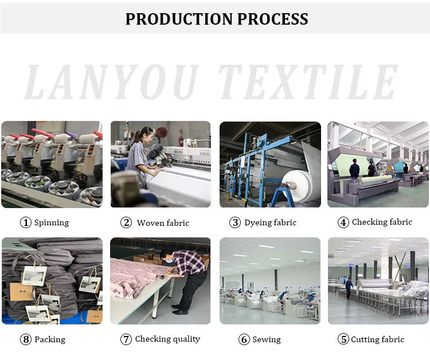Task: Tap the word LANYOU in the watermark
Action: pos(112,83)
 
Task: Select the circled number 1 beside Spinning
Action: pos(25,223)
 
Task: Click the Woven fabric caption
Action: pos(163,223)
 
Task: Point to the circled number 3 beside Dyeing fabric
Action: pos(235,223)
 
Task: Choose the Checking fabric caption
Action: pos(382,222)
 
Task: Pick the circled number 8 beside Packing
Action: pos(25,339)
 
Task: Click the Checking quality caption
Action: pos(167,339)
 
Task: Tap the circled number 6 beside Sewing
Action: pos(244,340)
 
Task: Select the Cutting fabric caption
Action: pos(377,339)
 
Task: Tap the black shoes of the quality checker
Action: pos(179,311)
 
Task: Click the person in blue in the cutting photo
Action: pos(349,288)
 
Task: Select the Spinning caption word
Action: pos(51,223)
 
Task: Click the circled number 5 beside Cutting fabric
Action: pos(343,339)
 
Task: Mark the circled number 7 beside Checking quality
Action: pos(126,339)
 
